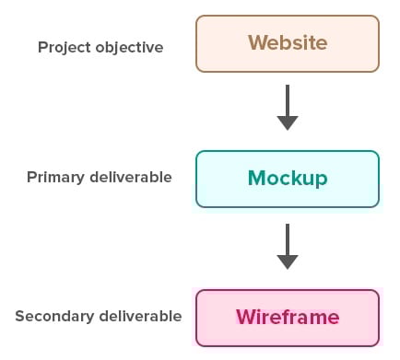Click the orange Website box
click(x=287, y=43)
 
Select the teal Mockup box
click(x=287, y=179)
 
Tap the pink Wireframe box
click(x=287, y=317)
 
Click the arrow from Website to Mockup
click(x=288, y=107)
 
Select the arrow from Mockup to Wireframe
click(x=288, y=245)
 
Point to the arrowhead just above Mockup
click(x=288, y=122)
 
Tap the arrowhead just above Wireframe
click(x=288, y=261)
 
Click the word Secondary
click(x=53, y=316)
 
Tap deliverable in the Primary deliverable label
click(x=131, y=177)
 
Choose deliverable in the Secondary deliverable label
click(x=139, y=316)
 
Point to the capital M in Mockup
click(x=257, y=179)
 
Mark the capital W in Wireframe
click(x=245, y=317)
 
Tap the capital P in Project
click(x=41, y=46)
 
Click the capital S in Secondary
click(x=19, y=316)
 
